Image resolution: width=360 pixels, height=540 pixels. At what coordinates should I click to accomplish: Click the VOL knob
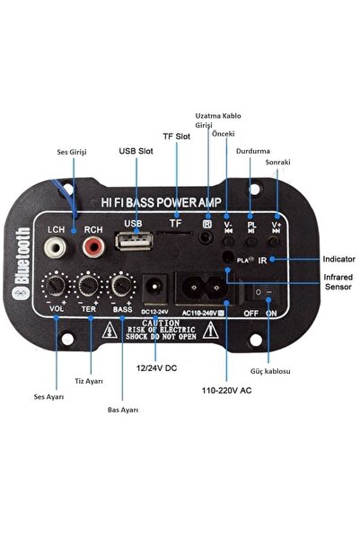coord(57,288)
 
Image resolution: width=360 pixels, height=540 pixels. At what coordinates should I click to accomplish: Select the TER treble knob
coord(89,288)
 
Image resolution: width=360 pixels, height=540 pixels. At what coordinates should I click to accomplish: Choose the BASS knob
coord(121,288)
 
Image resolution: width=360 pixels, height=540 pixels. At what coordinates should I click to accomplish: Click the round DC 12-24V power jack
coord(154,287)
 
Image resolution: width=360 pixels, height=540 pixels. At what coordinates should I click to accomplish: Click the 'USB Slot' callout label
coord(134,151)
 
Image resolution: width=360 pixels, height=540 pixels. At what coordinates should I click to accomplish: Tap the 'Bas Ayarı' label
coord(123,410)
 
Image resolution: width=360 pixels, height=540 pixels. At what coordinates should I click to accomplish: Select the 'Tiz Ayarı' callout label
coord(88,381)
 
